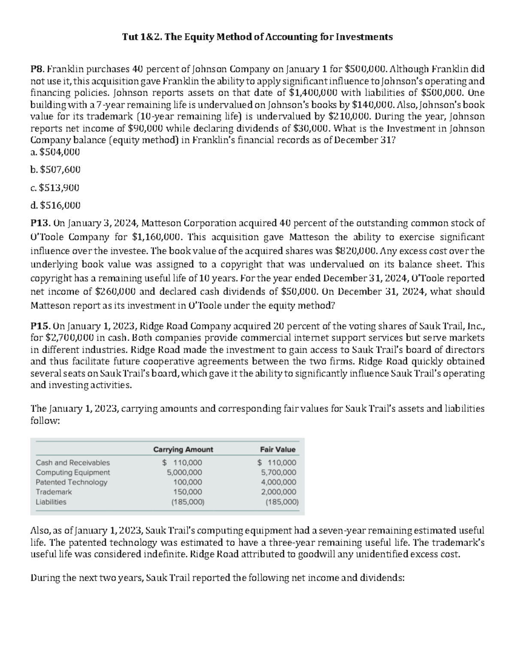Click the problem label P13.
pos(40,223)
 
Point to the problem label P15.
pos(40,325)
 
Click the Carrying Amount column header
pos(183,449)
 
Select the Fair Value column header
pos(278,449)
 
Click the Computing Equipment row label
pos(73,472)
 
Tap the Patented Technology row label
pos(71,482)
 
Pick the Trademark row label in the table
pos(54,492)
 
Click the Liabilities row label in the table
pos(51,502)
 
